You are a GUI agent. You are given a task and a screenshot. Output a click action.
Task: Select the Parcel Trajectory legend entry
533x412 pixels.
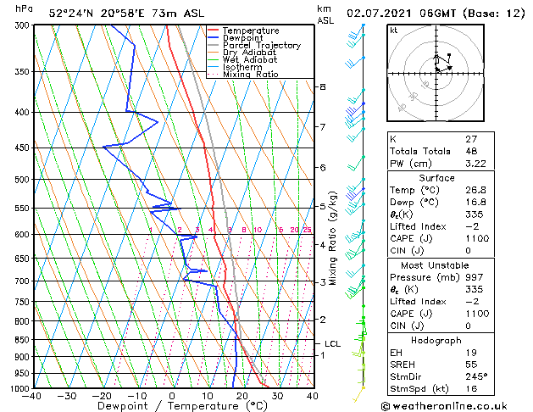tap(261, 46)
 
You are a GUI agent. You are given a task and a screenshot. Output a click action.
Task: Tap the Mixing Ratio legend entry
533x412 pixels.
tap(250, 75)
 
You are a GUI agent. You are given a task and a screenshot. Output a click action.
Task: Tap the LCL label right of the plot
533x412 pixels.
tap(332, 343)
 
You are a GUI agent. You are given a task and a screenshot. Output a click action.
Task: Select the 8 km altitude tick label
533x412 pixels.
tap(323, 87)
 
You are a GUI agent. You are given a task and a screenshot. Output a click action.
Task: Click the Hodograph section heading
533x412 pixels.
tap(436, 339)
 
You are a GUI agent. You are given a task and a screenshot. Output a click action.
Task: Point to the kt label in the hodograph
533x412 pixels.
tap(394, 30)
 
